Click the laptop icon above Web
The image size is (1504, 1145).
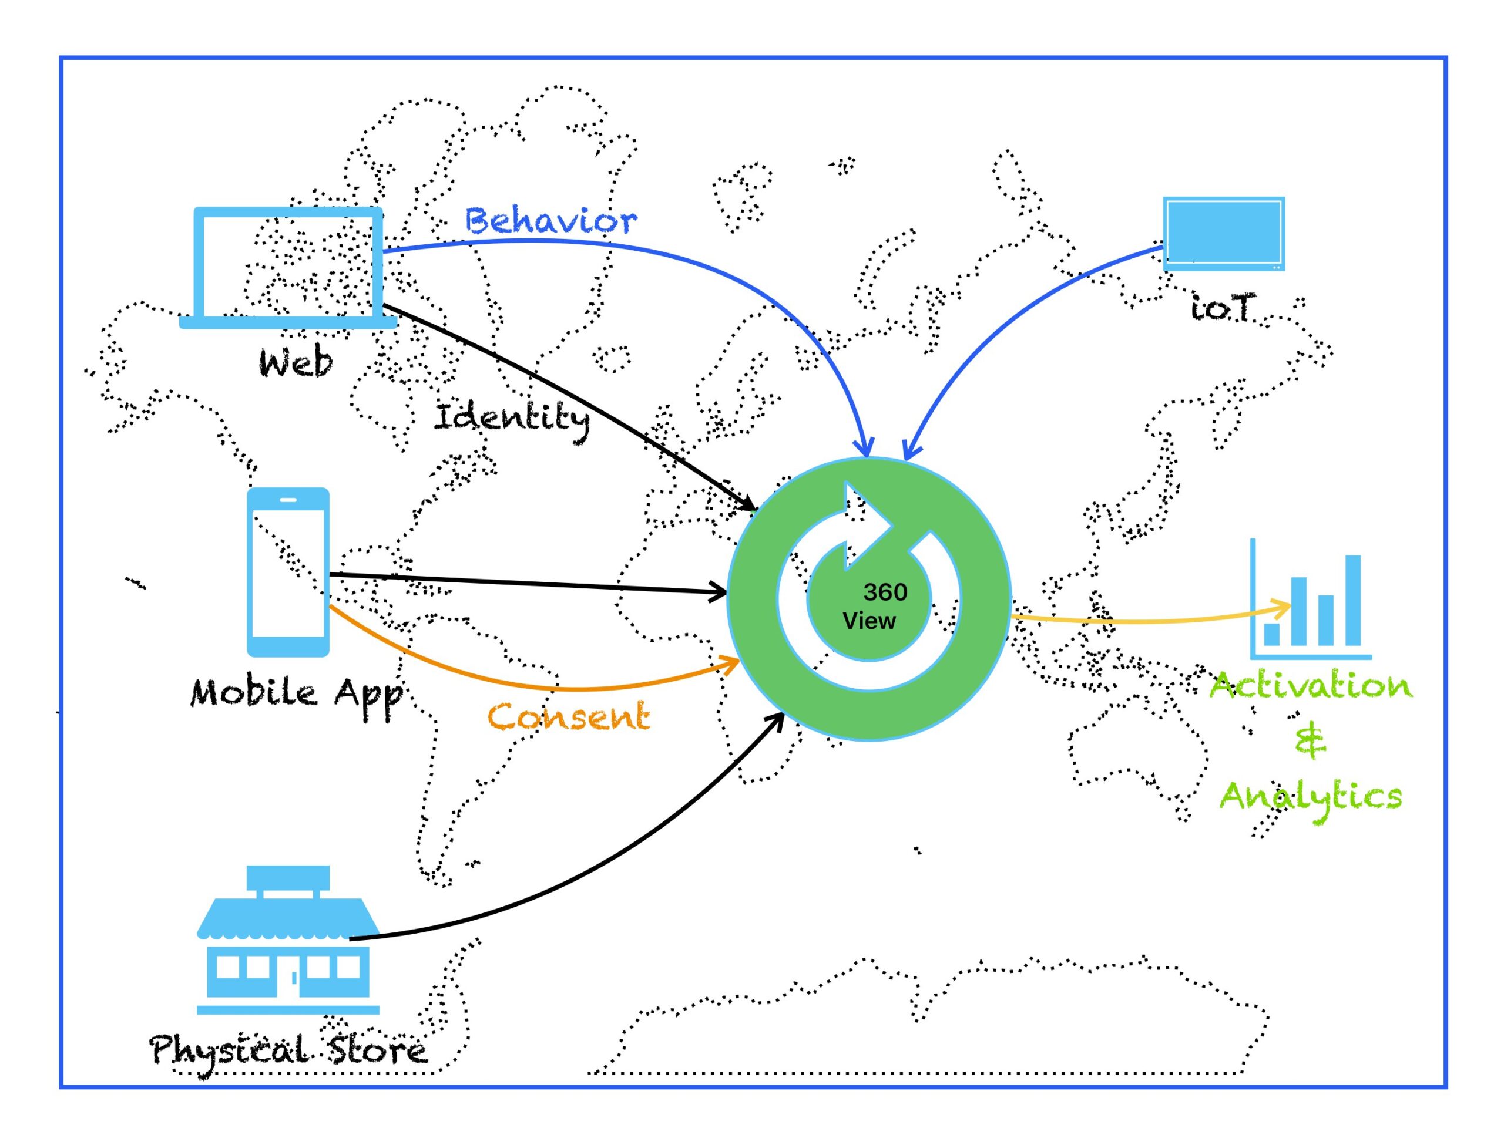pyautogui.click(x=288, y=267)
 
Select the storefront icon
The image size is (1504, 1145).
pyautogui.click(x=288, y=941)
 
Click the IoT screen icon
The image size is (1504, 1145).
pyautogui.click(x=1223, y=234)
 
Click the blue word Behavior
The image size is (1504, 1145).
pyautogui.click(x=551, y=221)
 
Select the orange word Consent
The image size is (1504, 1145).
pyautogui.click(x=569, y=717)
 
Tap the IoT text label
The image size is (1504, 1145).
pyautogui.click(x=1222, y=308)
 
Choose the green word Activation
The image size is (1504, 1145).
pyautogui.click(x=1310, y=686)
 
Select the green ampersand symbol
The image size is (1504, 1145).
pyautogui.click(x=1310, y=742)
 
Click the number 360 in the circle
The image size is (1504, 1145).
pyautogui.click(x=885, y=592)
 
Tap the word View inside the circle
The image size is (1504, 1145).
pyautogui.click(x=868, y=621)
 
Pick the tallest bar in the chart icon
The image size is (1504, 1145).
pyautogui.click(x=1352, y=600)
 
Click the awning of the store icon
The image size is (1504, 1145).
pyautogui.click(x=288, y=917)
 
